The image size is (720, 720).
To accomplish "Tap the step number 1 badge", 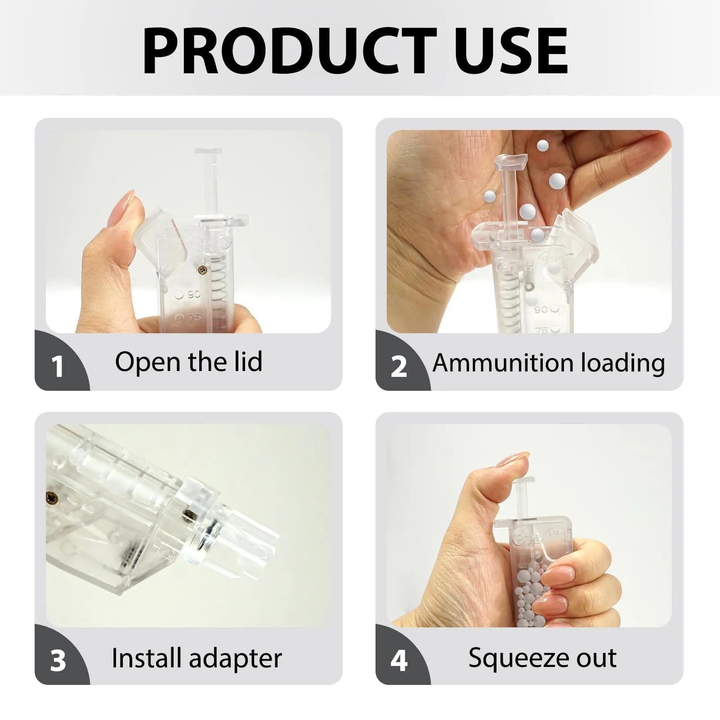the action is coord(57,366).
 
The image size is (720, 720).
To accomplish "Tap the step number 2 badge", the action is coord(398,366).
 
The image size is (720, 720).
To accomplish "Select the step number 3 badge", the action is coord(58,661).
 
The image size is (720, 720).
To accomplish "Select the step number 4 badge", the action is coord(398,661).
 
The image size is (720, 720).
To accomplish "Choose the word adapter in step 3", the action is coord(235,659).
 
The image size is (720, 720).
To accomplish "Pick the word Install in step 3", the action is coord(147,658).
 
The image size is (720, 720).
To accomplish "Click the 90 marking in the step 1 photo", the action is coord(194,295).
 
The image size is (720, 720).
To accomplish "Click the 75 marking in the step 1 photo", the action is coord(194,317).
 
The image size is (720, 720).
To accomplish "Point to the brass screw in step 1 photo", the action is coord(202,269).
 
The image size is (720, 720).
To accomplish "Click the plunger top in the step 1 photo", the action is coord(209,153).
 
